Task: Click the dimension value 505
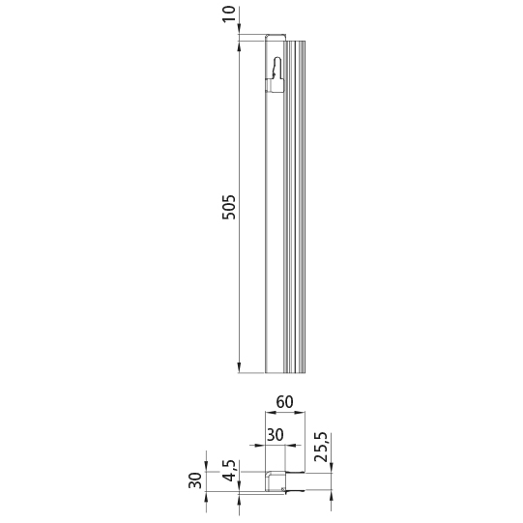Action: [229, 205]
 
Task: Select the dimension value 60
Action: [283, 401]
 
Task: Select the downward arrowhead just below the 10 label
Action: [239, 34]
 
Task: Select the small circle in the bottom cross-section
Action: [282, 493]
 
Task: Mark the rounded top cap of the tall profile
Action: [276, 39]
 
